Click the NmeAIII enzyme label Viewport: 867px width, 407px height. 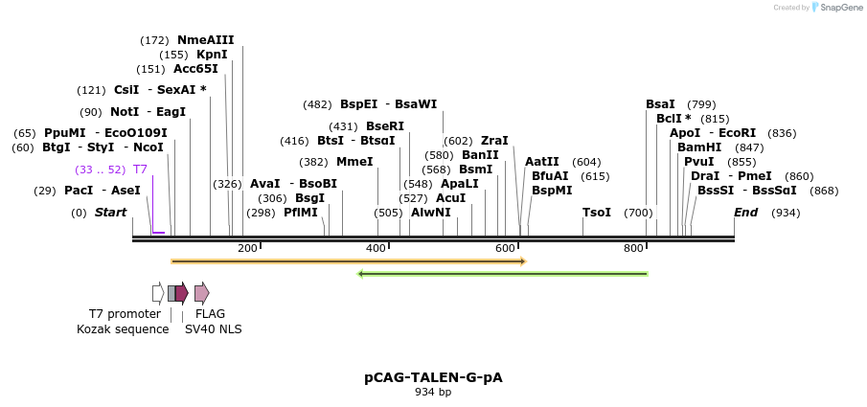pyautogui.click(x=205, y=40)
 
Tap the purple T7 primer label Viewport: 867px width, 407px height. pyautogui.click(x=140, y=170)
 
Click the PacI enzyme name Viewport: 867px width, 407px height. pyautogui.click(x=79, y=191)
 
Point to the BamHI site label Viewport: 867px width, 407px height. pyautogui.click(x=699, y=147)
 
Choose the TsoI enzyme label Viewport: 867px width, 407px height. pyautogui.click(x=597, y=213)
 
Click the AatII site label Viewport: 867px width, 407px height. pyautogui.click(x=541, y=162)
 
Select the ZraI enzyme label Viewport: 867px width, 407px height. pyautogui.click(x=494, y=141)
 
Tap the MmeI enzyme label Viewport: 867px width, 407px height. pyautogui.click(x=354, y=162)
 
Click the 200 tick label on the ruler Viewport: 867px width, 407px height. pyautogui.click(x=247, y=249)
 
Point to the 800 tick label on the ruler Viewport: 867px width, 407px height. pyautogui.click(x=633, y=249)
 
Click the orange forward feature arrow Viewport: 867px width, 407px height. pyautogui.click(x=349, y=260)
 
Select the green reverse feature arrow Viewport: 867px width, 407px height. pyautogui.click(x=503, y=274)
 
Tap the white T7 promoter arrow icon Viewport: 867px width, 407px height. pyautogui.click(x=158, y=293)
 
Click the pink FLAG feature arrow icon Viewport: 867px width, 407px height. pyautogui.click(x=201, y=293)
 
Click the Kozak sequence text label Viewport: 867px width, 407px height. pyautogui.click(x=123, y=329)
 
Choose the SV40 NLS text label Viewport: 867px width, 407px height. pyautogui.click(x=214, y=329)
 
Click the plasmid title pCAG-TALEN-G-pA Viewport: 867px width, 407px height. pyautogui.click(x=433, y=377)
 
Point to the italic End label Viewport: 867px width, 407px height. pyautogui.click(x=745, y=213)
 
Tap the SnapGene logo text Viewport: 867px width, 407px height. pyautogui.click(x=840, y=8)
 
